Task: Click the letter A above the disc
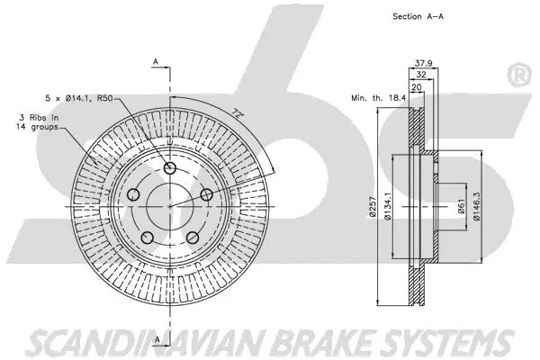point(156,60)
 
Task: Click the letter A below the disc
point(156,337)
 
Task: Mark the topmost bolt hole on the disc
point(171,170)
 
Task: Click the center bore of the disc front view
point(170,205)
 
